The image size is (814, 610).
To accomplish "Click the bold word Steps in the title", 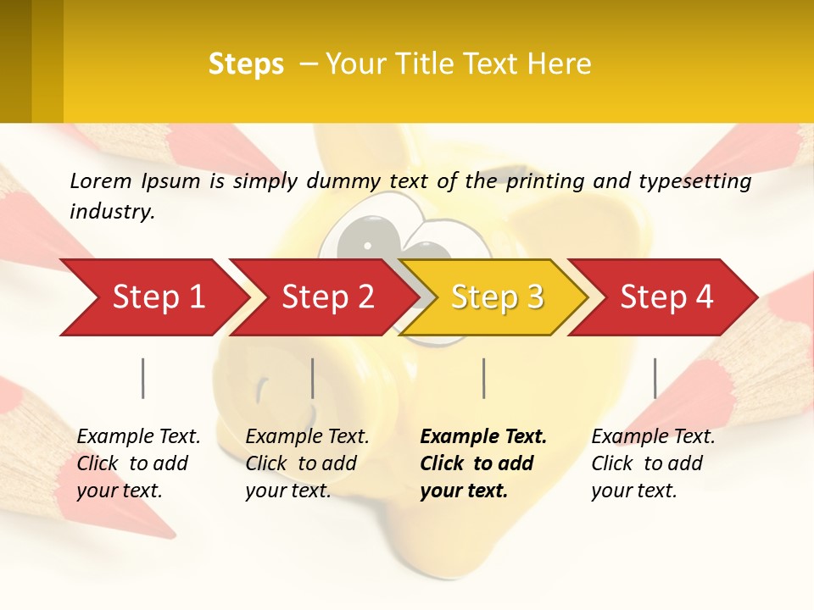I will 246,64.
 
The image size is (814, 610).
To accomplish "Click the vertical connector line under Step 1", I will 143,378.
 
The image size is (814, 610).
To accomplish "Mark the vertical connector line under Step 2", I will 313,378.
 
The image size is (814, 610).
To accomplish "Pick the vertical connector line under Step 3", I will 483,378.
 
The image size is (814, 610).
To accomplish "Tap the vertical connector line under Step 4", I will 655,378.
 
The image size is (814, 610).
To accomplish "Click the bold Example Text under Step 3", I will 483,437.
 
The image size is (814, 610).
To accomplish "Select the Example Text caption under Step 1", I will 138,437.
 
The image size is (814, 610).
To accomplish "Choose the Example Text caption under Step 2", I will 307,437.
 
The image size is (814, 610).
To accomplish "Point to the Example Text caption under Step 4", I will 653,437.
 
